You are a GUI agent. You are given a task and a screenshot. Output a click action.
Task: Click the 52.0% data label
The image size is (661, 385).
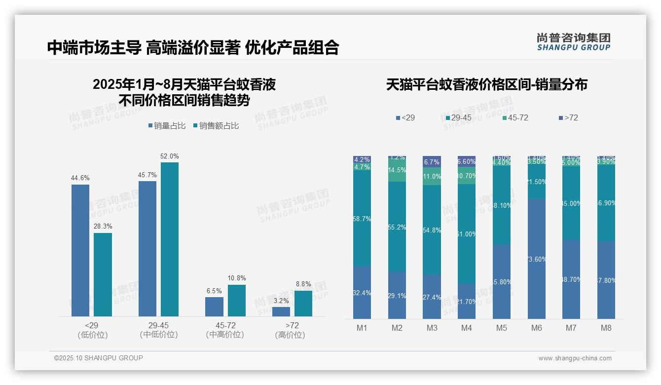coord(169,156)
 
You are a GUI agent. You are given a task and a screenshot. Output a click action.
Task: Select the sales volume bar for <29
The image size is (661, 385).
coord(80,250)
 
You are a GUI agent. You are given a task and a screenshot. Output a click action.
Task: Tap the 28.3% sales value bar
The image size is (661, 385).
coord(103,274)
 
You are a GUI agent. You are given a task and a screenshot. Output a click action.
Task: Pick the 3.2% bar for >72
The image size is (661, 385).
coord(281,311)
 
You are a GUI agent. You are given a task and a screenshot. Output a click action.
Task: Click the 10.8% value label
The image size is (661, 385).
coord(236,278)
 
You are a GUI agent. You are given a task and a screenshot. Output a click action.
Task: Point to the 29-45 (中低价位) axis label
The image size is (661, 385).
coord(158,330)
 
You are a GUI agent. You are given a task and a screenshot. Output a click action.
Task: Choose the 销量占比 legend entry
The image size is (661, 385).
coord(167,126)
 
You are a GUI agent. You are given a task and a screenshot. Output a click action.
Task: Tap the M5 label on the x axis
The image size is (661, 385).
coord(502,328)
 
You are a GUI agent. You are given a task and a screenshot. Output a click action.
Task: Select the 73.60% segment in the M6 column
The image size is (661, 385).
coord(537,259)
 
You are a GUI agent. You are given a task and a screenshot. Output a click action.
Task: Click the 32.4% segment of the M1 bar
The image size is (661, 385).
coord(362,292)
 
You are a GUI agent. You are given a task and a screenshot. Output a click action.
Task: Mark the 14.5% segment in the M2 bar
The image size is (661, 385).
coord(397,170)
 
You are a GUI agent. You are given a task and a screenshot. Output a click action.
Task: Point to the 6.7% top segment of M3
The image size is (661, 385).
coord(432,162)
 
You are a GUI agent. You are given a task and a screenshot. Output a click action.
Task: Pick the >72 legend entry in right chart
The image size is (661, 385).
coord(568,118)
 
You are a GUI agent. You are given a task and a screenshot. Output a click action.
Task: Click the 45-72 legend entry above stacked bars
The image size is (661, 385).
coord(515,118)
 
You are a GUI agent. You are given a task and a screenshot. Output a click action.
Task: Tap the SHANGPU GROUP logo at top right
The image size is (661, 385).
coord(573,41)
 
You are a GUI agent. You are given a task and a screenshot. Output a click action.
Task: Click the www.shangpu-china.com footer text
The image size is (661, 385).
coord(575,358)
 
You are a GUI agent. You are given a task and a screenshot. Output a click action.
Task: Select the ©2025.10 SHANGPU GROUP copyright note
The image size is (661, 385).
coord(98,358)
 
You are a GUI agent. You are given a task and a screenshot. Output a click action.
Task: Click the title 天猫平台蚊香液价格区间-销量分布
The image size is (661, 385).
coord(486,85)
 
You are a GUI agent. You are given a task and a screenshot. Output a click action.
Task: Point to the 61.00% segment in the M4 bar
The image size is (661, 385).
coord(467,234)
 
